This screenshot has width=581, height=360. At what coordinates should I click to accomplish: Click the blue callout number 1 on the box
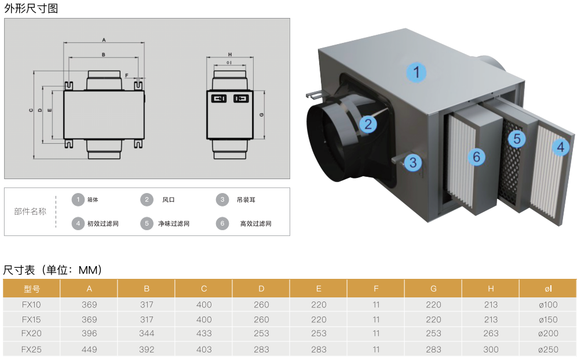coord(416,72)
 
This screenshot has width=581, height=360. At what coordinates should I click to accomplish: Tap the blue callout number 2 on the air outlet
coord(367,123)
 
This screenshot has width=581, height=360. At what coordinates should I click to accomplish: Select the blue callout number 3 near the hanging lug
coord(412,162)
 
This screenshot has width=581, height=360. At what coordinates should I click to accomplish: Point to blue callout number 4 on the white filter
coord(560,147)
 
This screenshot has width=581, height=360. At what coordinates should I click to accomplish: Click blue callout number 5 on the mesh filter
coord(517,139)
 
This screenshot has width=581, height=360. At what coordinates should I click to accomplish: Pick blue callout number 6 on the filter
coord(476,156)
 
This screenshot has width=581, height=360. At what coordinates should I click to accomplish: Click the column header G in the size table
coord(433,289)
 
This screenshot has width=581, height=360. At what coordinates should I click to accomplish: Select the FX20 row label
coord(31,333)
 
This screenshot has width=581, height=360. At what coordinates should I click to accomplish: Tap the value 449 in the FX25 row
coord(89,350)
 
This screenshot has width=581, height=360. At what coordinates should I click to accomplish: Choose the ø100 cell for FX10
coord(547,304)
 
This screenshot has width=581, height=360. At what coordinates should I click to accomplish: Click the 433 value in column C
coord(204,333)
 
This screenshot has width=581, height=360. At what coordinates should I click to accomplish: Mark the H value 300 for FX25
coord(491,350)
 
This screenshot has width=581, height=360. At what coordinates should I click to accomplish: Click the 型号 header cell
coord(31,289)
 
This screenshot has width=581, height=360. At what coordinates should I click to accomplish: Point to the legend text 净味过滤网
coord(174,224)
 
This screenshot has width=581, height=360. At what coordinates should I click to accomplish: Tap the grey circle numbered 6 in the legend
coord(222,224)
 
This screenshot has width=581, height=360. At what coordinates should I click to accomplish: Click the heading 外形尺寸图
coord(31,9)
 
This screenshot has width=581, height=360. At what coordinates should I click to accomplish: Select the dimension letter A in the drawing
coord(103,40)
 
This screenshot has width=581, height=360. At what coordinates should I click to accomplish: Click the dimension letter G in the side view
coord(262,115)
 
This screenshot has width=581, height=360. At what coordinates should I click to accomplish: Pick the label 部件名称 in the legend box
coord(30,212)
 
